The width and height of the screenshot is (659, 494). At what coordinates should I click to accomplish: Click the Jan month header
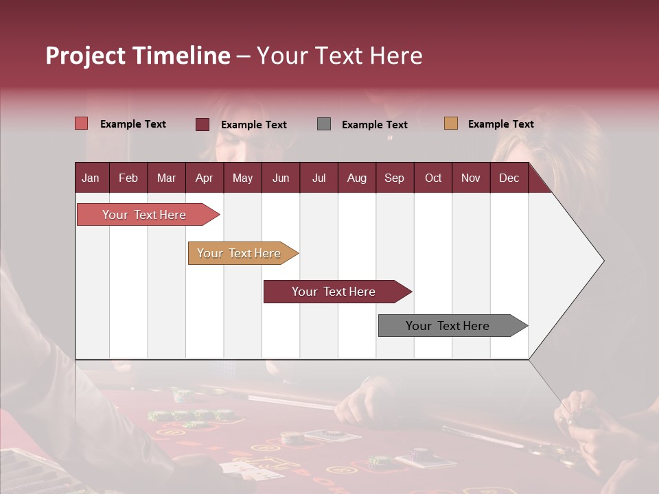(91, 178)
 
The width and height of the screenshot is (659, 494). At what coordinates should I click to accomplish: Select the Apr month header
(204, 178)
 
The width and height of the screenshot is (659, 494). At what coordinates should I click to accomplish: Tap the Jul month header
(319, 178)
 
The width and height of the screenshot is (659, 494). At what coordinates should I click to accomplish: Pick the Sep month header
(394, 178)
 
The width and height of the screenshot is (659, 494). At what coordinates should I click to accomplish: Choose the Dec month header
(509, 178)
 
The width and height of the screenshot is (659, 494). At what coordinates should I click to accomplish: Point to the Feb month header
(128, 178)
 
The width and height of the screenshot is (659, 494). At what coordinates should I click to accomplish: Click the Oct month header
(433, 178)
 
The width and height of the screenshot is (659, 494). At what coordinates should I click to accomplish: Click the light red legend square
(81, 123)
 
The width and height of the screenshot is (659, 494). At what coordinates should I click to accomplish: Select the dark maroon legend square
(202, 124)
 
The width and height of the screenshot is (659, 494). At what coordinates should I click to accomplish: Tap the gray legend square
(324, 124)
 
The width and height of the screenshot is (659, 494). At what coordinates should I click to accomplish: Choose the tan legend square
(450, 123)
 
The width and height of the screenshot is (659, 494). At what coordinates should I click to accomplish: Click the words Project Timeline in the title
(137, 56)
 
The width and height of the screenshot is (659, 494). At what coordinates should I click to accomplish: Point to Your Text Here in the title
(339, 56)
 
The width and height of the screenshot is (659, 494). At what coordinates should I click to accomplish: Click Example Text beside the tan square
(500, 124)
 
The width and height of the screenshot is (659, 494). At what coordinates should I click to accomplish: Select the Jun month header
(281, 178)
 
